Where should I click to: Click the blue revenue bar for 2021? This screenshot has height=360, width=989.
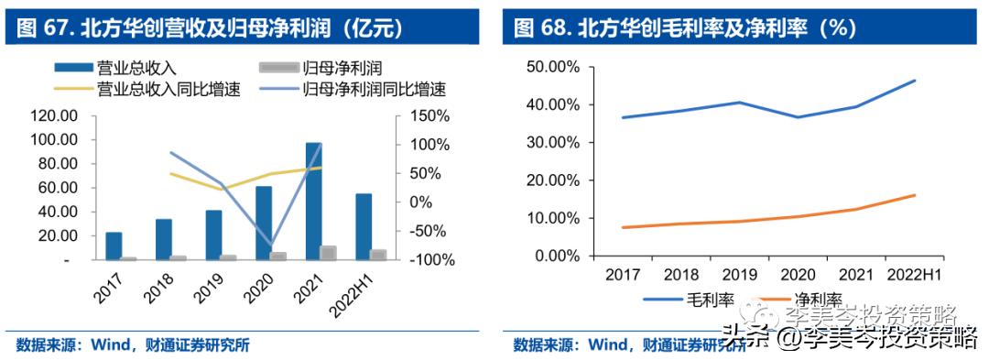(x=313, y=202)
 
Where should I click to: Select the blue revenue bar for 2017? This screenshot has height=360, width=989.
(x=114, y=245)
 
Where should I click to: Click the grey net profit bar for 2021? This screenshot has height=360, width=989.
(x=328, y=253)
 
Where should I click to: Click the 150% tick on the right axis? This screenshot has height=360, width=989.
(x=423, y=115)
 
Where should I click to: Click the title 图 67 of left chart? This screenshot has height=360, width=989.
(x=209, y=27)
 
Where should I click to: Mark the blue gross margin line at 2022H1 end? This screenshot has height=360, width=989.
(x=914, y=81)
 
